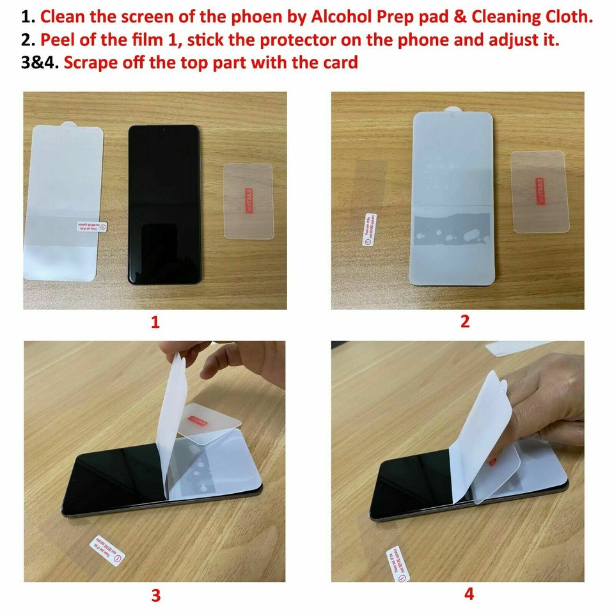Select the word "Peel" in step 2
point(57,40)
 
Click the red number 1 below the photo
point(155,322)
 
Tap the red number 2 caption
point(465,321)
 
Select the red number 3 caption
point(155,595)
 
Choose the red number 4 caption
point(469,594)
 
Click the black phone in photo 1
point(164,203)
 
